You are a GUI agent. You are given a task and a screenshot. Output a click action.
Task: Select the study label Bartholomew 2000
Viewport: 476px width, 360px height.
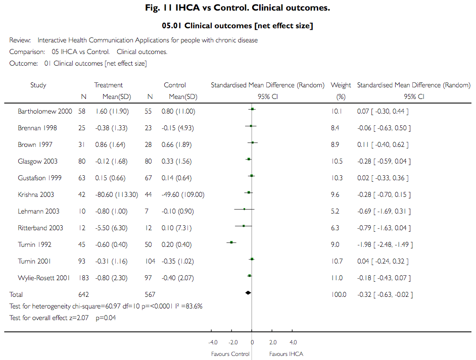pos(45,111)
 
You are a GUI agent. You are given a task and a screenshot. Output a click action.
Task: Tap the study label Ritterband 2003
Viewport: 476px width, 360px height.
pos(40,228)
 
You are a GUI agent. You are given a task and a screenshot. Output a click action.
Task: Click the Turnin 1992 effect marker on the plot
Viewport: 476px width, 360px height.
pos(231,242)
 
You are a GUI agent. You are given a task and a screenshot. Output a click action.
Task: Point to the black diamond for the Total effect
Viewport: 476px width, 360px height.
pos(248,293)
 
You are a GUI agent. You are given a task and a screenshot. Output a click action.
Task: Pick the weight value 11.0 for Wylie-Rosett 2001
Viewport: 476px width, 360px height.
pos(337,278)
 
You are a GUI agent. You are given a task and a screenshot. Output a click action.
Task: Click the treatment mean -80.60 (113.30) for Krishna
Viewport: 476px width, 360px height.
pos(116,194)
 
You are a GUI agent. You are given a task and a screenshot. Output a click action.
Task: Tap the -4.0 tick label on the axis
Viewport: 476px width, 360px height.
pos(213,342)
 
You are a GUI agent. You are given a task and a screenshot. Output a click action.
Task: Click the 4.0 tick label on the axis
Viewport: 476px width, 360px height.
pos(293,342)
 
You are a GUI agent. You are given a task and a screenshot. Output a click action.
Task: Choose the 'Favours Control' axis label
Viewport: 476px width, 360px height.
pos(230,354)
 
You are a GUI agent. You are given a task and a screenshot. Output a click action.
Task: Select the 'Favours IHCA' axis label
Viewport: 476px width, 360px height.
pos(287,354)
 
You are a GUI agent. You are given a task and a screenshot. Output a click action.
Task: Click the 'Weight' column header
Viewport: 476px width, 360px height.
pos(341,85)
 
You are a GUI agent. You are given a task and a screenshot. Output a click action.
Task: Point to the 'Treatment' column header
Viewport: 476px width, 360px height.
pos(109,85)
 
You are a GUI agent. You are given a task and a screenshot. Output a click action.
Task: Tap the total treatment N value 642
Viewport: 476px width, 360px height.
pos(83,294)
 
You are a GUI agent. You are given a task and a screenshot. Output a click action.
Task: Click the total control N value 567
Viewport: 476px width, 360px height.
pos(150,294)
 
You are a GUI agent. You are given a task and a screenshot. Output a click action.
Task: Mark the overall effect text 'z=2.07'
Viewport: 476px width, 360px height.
pos(81,318)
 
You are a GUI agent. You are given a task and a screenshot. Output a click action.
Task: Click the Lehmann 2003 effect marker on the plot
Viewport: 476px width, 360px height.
pos(244,209)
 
